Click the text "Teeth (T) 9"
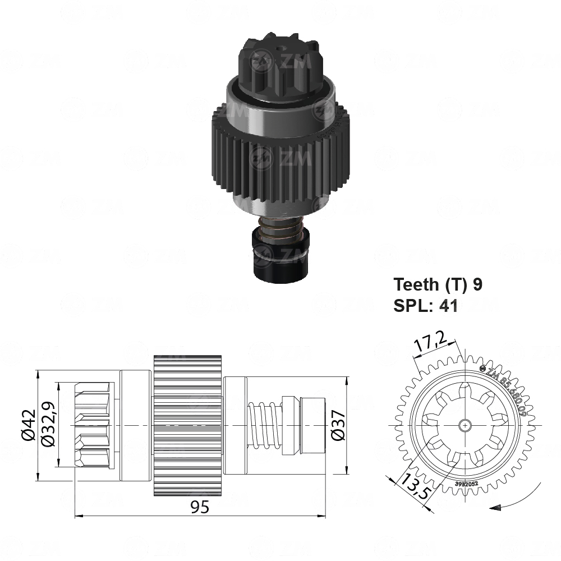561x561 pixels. pos(438,284)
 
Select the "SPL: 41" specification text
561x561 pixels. pos(426,306)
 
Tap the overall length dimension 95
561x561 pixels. pos(199,507)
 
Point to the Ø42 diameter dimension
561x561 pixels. pos(29,426)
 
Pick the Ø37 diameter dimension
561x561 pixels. pos(337,426)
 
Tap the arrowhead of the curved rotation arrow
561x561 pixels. pos(495,509)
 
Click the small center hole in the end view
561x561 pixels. pos(465,426)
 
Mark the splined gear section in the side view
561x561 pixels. pos(188,426)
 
